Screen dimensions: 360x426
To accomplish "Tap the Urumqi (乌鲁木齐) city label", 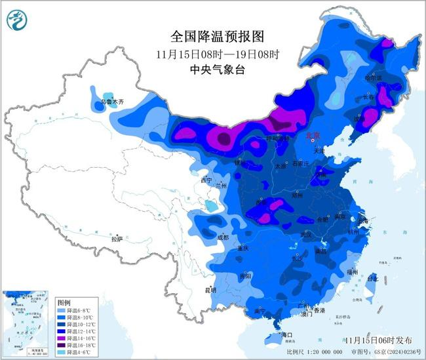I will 109,102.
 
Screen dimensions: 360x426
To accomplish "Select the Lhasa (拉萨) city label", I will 117,239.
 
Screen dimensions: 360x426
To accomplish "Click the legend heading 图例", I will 64,302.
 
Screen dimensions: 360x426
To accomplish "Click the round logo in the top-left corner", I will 14,21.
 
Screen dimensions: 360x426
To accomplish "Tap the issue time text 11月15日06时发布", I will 378,340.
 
